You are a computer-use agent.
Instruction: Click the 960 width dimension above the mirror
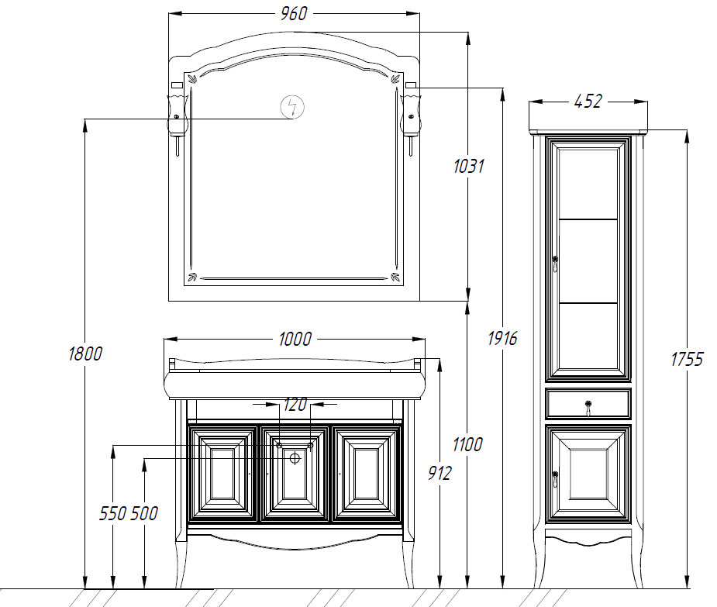(294, 13)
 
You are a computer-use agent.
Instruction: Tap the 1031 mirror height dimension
(469, 166)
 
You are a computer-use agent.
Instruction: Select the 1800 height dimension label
(85, 354)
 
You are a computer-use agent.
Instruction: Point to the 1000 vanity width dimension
(295, 339)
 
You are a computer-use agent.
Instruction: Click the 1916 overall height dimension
(502, 339)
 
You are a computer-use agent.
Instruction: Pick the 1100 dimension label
(467, 444)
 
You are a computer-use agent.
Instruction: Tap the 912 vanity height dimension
(440, 473)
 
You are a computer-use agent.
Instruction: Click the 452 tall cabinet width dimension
(588, 101)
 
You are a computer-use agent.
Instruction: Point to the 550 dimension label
(113, 513)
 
